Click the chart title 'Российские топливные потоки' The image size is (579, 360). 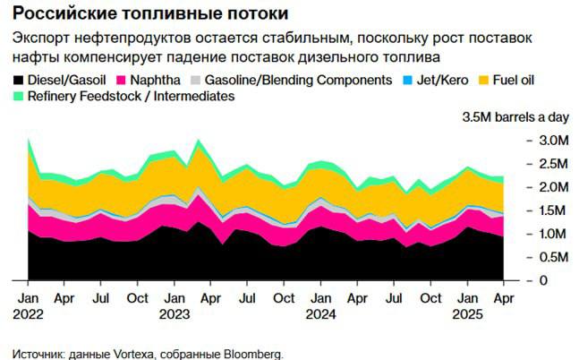tap(150, 14)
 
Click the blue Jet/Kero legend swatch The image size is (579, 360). tap(404, 80)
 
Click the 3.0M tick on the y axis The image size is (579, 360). tap(551, 141)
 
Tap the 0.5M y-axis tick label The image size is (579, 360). tap(551, 257)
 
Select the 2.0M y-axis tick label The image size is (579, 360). tap(551, 187)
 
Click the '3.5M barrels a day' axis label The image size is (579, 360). tap(514, 117)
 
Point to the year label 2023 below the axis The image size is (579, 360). tap(175, 314)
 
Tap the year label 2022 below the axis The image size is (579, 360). tap(29, 314)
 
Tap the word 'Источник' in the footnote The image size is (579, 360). tap(36, 353)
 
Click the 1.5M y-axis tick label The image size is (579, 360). tap(551, 210)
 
